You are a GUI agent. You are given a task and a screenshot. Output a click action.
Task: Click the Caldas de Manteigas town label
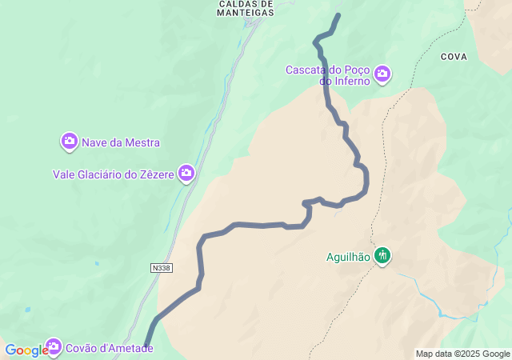246,8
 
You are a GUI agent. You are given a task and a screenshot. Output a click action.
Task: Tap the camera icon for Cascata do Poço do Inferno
382,74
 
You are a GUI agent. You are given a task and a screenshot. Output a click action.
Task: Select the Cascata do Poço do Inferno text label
328,75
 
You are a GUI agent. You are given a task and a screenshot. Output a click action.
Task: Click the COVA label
454,57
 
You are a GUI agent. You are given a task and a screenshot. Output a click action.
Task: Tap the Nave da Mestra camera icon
70,142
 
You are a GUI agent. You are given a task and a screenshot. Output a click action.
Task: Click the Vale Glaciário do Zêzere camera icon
187,173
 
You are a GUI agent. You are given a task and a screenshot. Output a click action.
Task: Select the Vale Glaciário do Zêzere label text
114,174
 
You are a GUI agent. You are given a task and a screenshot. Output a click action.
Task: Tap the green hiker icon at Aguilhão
383,256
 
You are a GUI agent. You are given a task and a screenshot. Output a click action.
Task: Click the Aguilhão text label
348,257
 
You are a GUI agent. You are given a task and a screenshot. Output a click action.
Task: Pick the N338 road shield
161,269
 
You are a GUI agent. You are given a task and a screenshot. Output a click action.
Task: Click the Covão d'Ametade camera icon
54,347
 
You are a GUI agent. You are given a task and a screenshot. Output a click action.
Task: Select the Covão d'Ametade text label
109,348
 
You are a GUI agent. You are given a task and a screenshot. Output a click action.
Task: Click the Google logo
26,350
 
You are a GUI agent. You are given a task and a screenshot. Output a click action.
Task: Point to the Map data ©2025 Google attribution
462,354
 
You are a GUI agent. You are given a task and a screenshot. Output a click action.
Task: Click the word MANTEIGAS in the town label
246,13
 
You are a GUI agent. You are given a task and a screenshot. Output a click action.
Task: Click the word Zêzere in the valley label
157,174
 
